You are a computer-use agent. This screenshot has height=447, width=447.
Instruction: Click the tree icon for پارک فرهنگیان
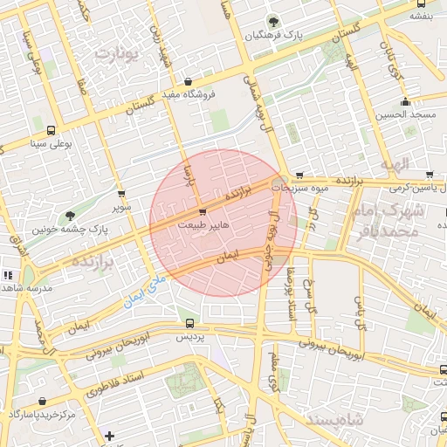(x=276, y=22)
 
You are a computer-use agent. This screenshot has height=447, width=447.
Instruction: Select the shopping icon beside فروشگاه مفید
(x=189, y=82)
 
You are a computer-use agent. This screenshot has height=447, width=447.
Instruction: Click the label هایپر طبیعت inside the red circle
(x=203, y=224)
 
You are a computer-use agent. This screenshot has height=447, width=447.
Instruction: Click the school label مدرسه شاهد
(x=29, y=287)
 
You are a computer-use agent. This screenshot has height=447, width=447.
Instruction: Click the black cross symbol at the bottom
(x=109, y=436)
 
